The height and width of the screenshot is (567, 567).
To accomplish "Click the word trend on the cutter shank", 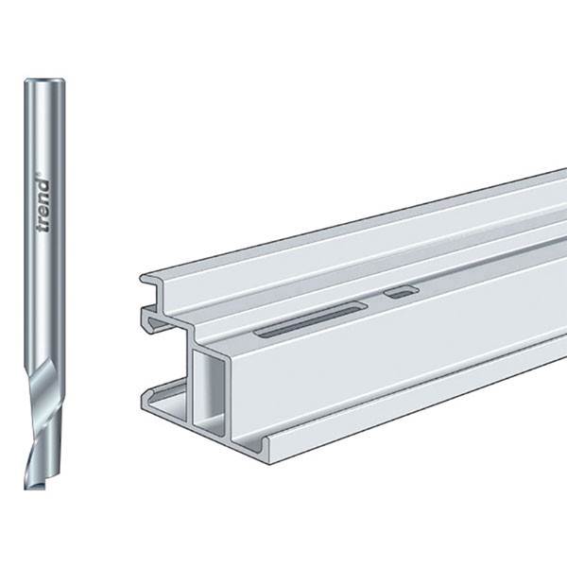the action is (43, 205).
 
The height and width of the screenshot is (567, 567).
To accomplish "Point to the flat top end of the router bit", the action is (44, 80).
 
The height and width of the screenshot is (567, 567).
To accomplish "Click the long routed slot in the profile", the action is (312, 319).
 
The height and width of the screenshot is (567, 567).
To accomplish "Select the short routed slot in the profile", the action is (402, 292).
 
